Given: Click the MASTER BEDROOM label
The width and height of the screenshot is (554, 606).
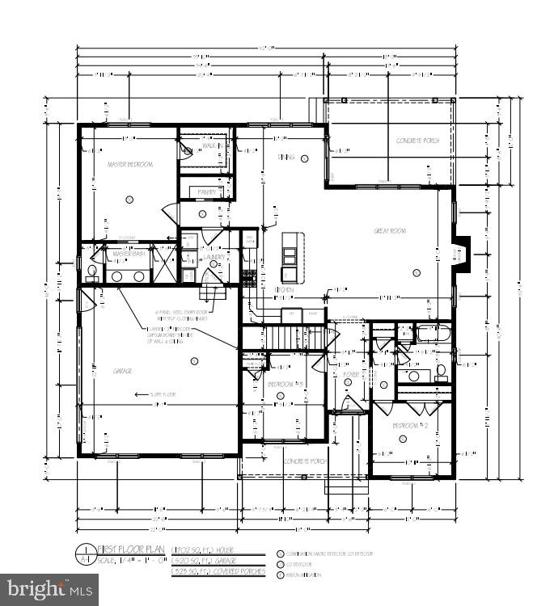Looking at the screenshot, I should tap(129, 164).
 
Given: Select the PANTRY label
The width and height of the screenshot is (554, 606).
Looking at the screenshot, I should tap(207, 192).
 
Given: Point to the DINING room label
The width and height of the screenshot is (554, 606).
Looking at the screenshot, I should tap(286, 157).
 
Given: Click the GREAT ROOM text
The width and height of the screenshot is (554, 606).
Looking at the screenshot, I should tap(389, 231).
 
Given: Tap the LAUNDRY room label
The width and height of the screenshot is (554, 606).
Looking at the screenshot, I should tap(214, 257).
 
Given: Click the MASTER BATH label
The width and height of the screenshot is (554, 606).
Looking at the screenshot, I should tap(129, 255).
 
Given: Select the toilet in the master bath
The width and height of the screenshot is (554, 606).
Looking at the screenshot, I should tap(91, 271).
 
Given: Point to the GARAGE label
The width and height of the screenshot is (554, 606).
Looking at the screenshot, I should tap(123, 371).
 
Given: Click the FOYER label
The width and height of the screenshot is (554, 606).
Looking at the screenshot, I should tap(351, 375).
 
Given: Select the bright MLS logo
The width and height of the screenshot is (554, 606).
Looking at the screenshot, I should tap(49, 589).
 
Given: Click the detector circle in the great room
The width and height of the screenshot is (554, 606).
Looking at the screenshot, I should tap(417, 272).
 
